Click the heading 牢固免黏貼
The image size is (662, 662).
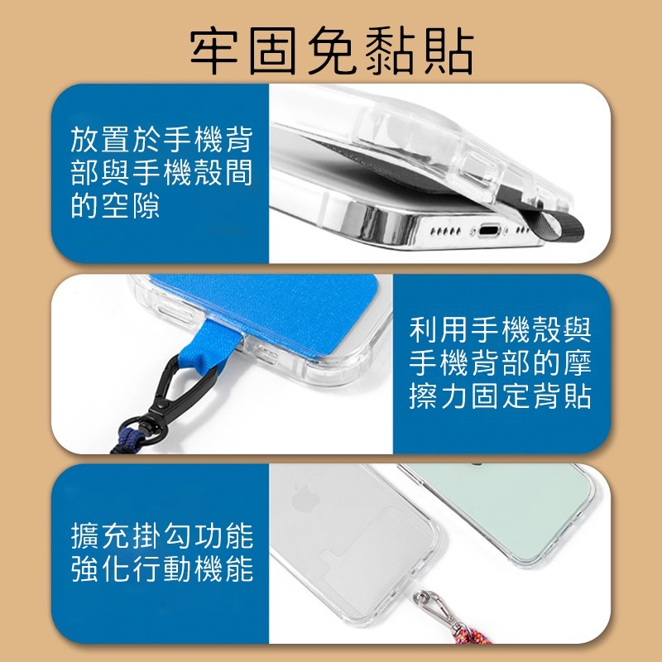click(x=332, y=50)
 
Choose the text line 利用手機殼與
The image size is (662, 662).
click(x=501, y=329)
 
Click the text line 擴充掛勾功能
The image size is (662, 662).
click(x=162, y=535)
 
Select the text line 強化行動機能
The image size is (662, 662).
click(x=162, y=568)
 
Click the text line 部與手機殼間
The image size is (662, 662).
click(x=161, y=172)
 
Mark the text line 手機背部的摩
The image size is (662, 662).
click(x=501, y=362)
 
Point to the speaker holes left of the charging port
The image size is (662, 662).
click(x=445, y=231)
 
